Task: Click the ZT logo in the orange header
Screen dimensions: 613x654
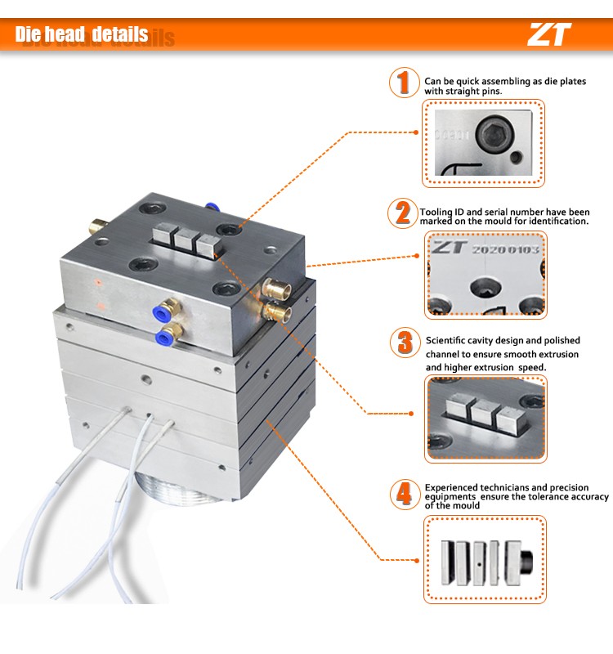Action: coord(549,34)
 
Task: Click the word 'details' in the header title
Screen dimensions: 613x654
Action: coord(120,34)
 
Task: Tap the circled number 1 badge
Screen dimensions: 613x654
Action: coord(404,83)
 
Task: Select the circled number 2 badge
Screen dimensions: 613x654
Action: coord(402,213)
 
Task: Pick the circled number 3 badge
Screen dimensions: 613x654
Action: coord(405,343)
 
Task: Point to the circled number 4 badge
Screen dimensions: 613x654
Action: coord(405,495)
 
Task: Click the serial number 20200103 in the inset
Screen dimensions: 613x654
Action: coord(505,250)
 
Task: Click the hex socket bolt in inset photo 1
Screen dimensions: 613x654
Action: coord(494,134)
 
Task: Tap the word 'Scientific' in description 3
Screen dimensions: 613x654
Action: coord(445,340)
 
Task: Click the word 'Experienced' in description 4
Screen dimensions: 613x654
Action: coord(451,487)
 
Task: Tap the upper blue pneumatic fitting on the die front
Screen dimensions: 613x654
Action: coord(165,310)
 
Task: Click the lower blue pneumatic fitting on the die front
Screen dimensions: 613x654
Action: coord(168,334)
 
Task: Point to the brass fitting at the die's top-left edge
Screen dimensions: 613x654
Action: coord(97,226)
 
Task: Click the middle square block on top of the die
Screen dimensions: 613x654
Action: coord(185,239)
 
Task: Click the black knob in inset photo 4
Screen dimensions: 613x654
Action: coord(526,562)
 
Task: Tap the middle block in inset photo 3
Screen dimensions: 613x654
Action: coord(483,413)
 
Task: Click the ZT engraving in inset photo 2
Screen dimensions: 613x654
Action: coord(448,248)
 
